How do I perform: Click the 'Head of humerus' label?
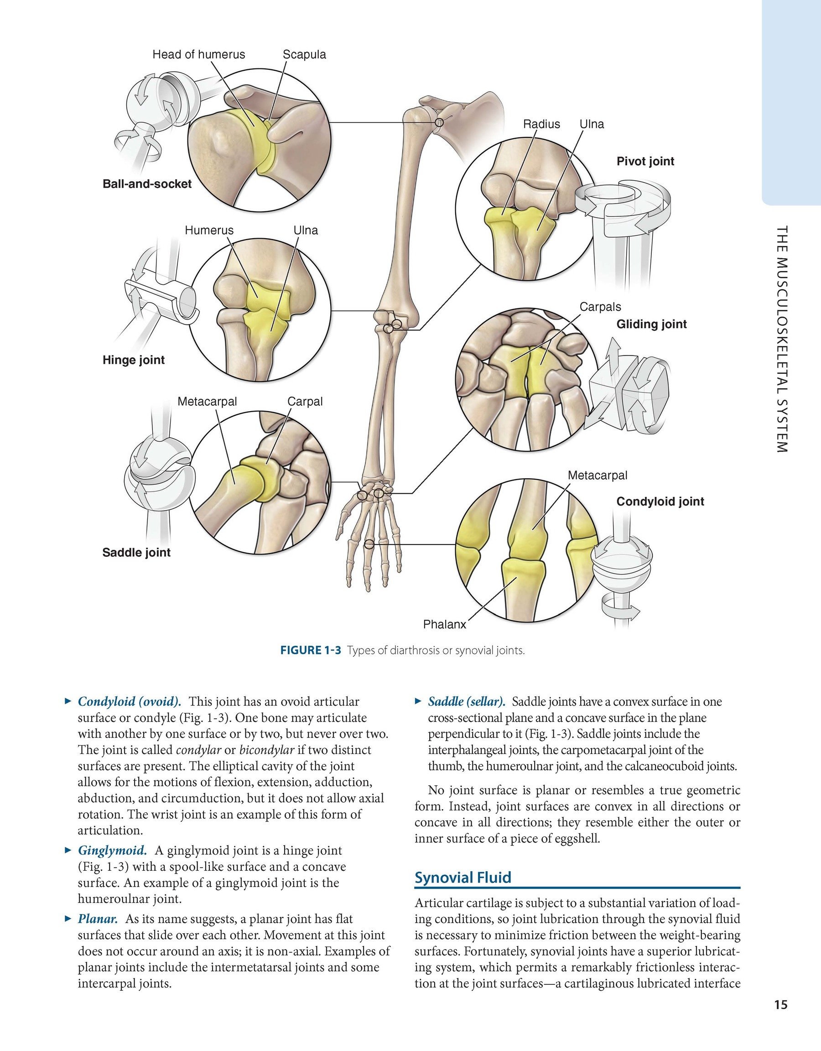pyautogui.click(x=199, y=55)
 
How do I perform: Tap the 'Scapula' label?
pyautogui.click(x=304, y=55)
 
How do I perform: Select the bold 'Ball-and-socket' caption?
pyautogui.click(x=147, y=184)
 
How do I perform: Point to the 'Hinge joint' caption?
pyautogui.click(x=134, y=360)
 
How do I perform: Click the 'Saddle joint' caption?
pyautogui.click(x=136, y=553)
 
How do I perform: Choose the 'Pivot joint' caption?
pyautogui.click(x=645, y=161)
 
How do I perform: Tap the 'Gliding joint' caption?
pyautogui.click(x=652, y=324)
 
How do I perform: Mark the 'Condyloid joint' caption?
pyautogui.click(x=660, y=502)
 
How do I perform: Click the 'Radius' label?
pyautogui.click(x=541, y=124)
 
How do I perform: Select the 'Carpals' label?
pyautogui.click(x=600, y=307)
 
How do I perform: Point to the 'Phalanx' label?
pyautogui.click(x=444, y=625)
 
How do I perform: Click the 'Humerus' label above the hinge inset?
pyautogui.click(x=209, y=230)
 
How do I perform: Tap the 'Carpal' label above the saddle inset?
pyautogui.click(x=305, y=401)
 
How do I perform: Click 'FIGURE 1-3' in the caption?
pyautogui.click(x=311, y=651)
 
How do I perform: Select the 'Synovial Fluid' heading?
pyautogui.click(x=462, y=877)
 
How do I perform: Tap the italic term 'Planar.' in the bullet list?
pyautogui.click(x=98, y=919)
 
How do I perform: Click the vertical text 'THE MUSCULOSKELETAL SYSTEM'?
pyautogui.click(x=782, y=339)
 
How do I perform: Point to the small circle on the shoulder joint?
pyautogui.click(x=439, y=122)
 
